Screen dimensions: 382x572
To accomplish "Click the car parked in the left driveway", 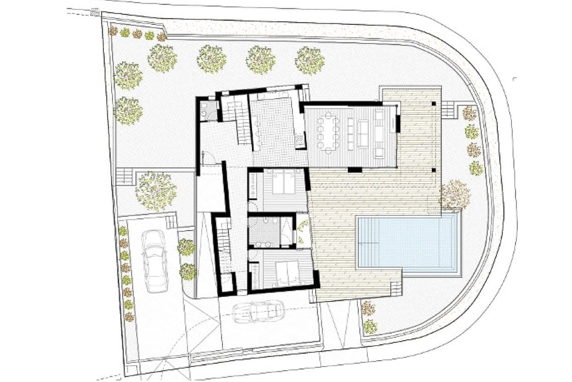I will pyautogui.click(x=154, y=261).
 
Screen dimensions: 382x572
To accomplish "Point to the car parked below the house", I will pyautogui.click(x=258, y=311).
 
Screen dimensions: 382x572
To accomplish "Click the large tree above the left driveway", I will pyautogui.click(x=155, y=191).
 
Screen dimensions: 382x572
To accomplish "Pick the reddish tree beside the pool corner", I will pyautogui.click(x=454, y=194).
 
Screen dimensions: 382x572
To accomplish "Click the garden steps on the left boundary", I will pyautogui.click(x=125, y=176).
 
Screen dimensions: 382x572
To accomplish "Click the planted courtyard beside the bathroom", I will pyautogui.click(x=302, y=231).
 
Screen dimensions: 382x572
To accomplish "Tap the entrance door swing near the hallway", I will pyautogui.click(x=208, y=158).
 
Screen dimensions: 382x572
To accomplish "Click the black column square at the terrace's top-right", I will pyautogui.click(x=434, y=103).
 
